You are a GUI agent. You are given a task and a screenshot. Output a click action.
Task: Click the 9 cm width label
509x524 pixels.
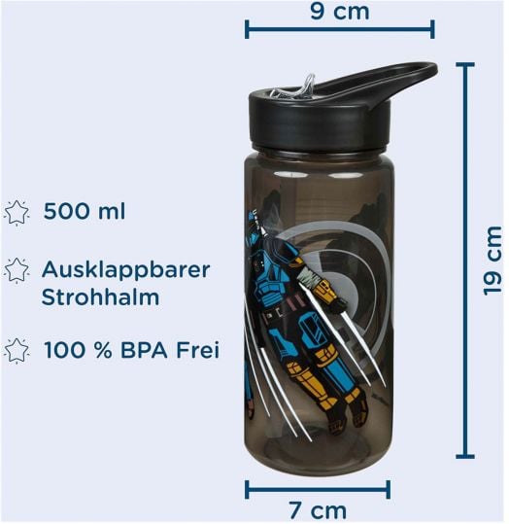tap(340, 12)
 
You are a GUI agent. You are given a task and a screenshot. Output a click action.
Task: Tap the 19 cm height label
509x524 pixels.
tap(492, 261)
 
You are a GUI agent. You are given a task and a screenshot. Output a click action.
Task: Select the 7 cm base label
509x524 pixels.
tap(318, 510)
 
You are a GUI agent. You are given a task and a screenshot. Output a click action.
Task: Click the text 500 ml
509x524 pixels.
tap(85, 211)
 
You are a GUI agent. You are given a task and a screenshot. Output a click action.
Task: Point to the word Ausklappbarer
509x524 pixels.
tap(126, 270)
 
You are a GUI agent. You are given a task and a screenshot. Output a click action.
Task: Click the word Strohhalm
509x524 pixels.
tap(100, 297)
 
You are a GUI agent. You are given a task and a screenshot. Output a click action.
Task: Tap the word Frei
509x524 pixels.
tap(198, 350)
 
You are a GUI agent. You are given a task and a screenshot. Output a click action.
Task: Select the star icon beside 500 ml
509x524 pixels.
tap(17, 213)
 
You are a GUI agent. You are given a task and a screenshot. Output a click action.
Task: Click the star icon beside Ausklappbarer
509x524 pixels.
tap(17, 270)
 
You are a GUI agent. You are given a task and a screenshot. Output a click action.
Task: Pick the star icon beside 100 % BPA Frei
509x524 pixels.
tap(17, 351)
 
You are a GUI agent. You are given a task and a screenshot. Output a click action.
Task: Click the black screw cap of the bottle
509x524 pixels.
tap(320, 121)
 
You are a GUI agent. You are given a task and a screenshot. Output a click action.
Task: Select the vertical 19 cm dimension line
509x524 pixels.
tap(465, 260)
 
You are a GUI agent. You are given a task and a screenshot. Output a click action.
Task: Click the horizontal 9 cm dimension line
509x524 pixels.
tap(340, 29)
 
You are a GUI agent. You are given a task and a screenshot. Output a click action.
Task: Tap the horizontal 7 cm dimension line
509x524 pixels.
tap(318, 490)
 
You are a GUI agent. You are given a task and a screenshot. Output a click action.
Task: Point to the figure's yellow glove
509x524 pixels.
tap(325, 291)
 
